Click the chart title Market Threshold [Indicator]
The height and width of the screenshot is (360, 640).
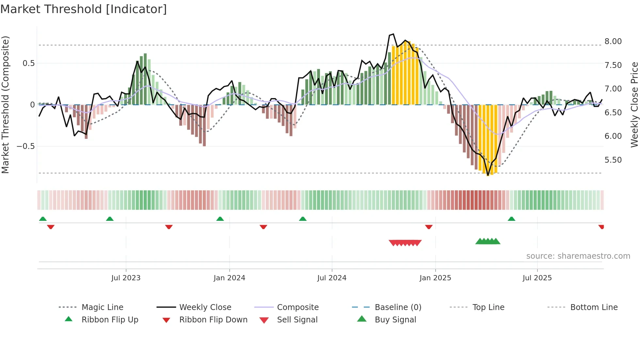(84, 9)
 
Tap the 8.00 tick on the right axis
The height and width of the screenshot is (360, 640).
(613, 41)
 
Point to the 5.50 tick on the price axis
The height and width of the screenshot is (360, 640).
(613, 160)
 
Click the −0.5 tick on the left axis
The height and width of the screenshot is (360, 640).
(25, 146)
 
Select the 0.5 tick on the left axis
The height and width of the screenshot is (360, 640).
(28, 63)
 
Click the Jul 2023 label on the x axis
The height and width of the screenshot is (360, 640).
(126, 278)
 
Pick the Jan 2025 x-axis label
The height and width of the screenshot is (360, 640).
(435, 278)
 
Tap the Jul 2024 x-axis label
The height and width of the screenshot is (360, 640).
(331, 278)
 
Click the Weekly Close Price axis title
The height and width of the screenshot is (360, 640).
(634, 105)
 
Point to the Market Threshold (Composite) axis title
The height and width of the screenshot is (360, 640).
(5, 105)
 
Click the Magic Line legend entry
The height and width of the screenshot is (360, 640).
(102, 307)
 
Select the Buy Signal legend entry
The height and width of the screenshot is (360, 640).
(395, 320)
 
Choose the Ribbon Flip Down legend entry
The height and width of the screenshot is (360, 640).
(213, 320)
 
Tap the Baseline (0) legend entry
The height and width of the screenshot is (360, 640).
(398, 307)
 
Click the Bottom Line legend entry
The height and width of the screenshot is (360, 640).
(594, 307)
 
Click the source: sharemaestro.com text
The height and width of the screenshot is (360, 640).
(578, 256)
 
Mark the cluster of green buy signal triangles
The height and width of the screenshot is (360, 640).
(488, 241)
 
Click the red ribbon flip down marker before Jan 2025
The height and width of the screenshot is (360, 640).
(429, 227)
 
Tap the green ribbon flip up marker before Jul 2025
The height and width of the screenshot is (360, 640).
(511, 219)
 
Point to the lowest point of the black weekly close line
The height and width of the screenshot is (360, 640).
(488, 175)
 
